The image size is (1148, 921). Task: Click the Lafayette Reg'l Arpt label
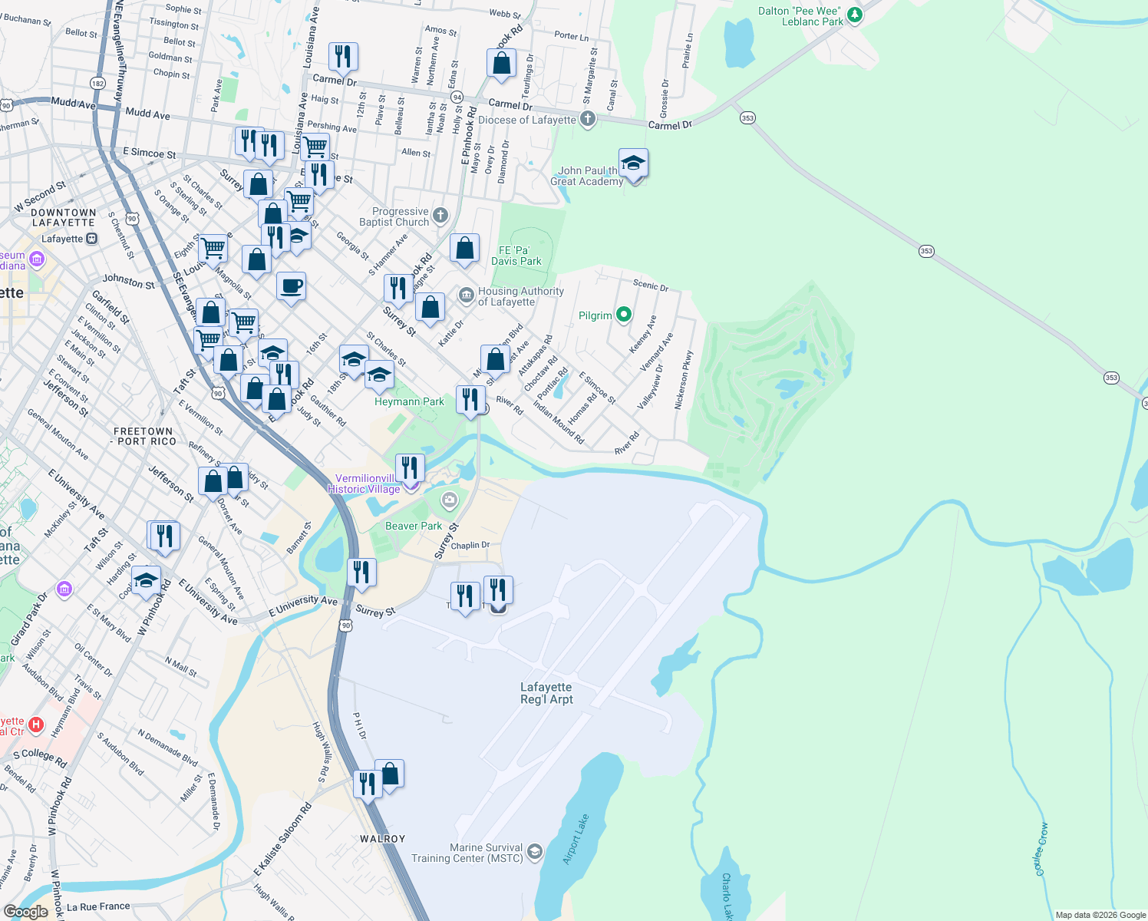(546, 693)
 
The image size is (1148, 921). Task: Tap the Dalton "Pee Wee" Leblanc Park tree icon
(854, 15)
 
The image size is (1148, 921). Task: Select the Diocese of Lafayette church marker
(588, 119)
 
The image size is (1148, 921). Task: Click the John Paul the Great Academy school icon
(633, 163)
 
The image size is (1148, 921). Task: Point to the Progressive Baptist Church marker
(440, 216)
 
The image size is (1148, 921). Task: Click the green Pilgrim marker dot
(624, 314)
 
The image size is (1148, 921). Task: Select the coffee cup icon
(291, 287)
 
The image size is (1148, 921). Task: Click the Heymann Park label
(409, 401)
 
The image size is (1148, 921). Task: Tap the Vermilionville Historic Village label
(365, 484)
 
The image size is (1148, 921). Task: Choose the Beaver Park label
(414, 526)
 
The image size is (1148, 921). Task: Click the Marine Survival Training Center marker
(535, 852)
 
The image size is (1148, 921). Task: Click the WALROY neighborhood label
(382, 839)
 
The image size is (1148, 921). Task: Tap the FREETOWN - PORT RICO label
(143, 437)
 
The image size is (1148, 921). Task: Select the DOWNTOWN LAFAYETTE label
(64, 217)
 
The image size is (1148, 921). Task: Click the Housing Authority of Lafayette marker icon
(467, 295)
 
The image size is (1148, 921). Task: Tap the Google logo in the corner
(26, 911)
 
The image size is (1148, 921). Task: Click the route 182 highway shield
(97, 83)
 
